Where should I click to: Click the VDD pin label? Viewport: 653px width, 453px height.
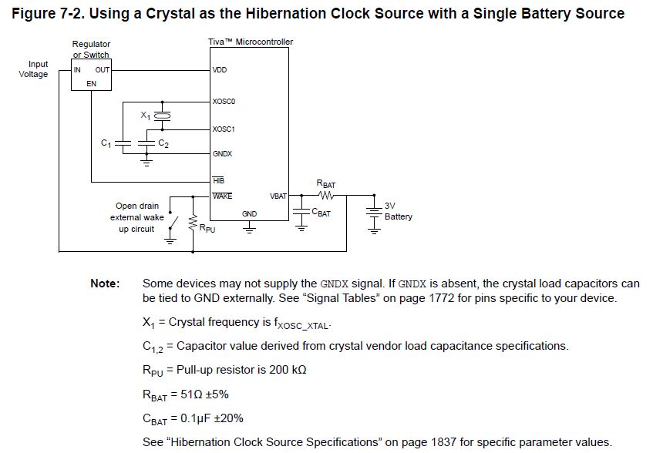click(220, 70)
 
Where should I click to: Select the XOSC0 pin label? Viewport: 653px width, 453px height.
click(224, 101)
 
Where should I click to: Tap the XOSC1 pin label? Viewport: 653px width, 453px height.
click(224, 129)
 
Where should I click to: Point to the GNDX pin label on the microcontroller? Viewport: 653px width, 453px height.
click(223, 154)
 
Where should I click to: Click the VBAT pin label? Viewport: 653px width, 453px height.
click(278, 196)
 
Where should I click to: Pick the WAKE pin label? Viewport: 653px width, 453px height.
click(223, 196)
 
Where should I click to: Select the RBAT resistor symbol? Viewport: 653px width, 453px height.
click(325, 195)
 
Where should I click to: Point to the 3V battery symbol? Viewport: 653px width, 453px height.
click(375, 213)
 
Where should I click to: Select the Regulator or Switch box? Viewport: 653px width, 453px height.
click(92, 75)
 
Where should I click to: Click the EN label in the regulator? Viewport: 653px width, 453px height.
click(92, 83)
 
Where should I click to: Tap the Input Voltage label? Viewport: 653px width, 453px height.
click(35, 69)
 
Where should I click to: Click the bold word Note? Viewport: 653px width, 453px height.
click(105, 284)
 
